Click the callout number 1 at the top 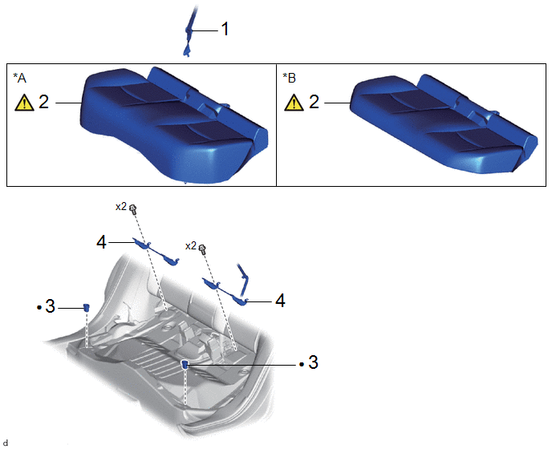coord(225,29)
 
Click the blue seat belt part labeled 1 coord(189,30)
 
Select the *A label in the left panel coord(20,78)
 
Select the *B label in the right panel coord(289,78)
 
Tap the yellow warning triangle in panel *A coord(24,103)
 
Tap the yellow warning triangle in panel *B coord(294,103)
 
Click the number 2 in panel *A coord(43,102)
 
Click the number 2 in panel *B coord(314,102)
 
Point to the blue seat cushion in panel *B coord(444,123)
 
